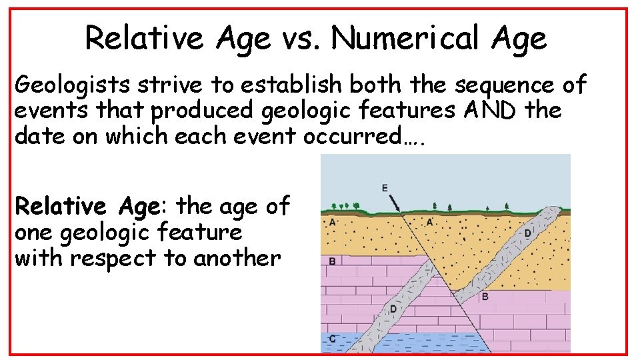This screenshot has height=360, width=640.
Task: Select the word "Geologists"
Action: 73,86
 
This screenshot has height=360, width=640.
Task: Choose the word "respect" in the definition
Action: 132,258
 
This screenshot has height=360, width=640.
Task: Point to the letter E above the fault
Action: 385,188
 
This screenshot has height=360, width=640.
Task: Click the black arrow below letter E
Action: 395,202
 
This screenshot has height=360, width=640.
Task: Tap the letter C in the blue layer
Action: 332,339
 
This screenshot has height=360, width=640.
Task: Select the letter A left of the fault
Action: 332,221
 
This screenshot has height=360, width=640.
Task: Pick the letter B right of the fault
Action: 485,295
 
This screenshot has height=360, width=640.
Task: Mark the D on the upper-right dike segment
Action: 527,233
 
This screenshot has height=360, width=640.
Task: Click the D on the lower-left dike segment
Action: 393,309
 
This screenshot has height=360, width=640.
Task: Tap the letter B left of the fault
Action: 332,261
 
